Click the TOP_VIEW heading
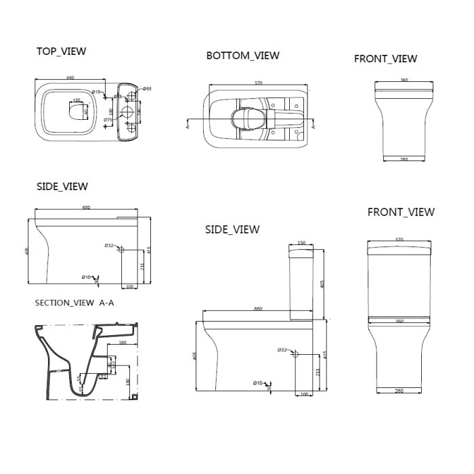(62, 51)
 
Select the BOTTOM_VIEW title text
(242, 56)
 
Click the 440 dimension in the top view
(70, 77)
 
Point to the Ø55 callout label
(148, 89)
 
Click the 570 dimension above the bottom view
(257, 83)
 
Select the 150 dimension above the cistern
(301, 242)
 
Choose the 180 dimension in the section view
(128, 381)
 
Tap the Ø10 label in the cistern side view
(257, 384)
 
